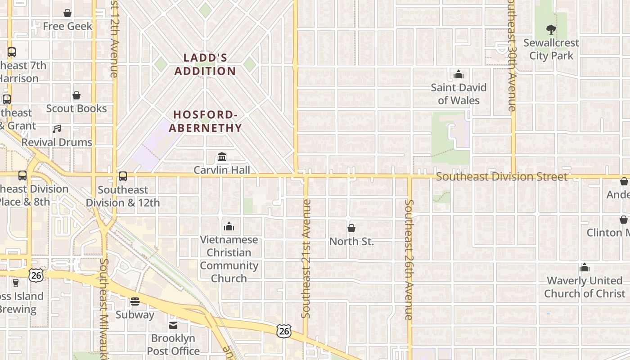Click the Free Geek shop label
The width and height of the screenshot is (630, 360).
click(x=67, y=26)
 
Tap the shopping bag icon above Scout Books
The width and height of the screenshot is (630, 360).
click(x=76, y=95)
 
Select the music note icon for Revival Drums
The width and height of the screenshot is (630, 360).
click(x=56, y=129)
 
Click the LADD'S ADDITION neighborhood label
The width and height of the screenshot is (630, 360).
click(x=205, y=64)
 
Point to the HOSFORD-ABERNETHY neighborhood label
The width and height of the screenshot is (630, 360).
click(x=206, y=121)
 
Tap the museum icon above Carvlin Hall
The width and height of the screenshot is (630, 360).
click(x=222, y=157)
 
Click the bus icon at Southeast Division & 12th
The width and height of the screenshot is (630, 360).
click(x=123, y=176)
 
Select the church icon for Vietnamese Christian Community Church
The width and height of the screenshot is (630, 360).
click(x=229, y=226)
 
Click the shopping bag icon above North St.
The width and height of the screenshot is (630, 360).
click(x=351, y=228)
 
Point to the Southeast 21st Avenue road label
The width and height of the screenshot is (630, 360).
click(x=306, y=259)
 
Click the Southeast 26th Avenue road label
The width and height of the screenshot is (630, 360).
click(x=409, y=260)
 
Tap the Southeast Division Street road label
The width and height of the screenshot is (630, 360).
click(x=502, y=177)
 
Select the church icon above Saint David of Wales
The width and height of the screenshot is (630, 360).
click(x=459, y=74)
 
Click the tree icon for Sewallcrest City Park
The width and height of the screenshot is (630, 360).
click(x=551, y=30)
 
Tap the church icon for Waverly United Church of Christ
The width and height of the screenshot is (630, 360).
click(x=585, y=268)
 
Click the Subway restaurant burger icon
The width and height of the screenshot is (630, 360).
click(x=135, y=301)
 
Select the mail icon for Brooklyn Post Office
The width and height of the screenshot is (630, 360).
click(x=173, y=325)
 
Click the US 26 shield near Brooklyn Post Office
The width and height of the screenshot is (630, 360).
click(x=283, y=331)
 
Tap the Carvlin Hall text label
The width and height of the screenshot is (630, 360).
click(x=222, y=170)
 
